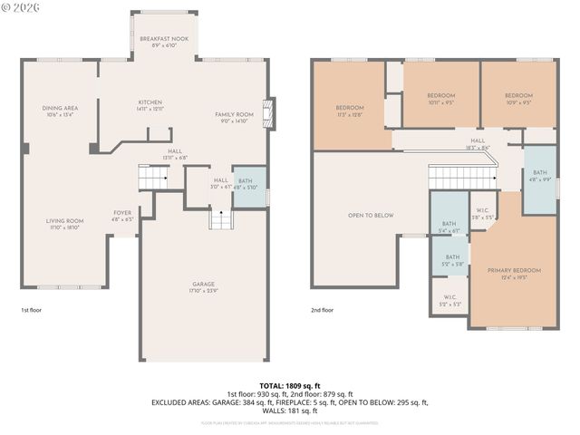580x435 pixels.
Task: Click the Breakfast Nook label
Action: (164, 42)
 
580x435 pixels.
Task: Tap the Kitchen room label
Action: (150, 105)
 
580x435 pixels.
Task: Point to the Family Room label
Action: (234, 117)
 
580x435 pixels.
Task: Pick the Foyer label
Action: (122, 216)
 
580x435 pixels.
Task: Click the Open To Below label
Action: (371, 216)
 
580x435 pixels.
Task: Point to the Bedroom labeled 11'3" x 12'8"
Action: (349, 111)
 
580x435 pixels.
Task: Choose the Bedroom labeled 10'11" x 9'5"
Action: (440, 99)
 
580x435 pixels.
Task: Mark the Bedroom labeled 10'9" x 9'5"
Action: (518, 99)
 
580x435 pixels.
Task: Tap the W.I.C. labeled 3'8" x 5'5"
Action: (483, 214)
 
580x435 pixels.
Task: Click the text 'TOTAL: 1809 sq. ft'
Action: (290, 385)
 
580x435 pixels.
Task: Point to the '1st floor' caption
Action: (32, 310)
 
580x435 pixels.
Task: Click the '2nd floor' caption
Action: (323, 310)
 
